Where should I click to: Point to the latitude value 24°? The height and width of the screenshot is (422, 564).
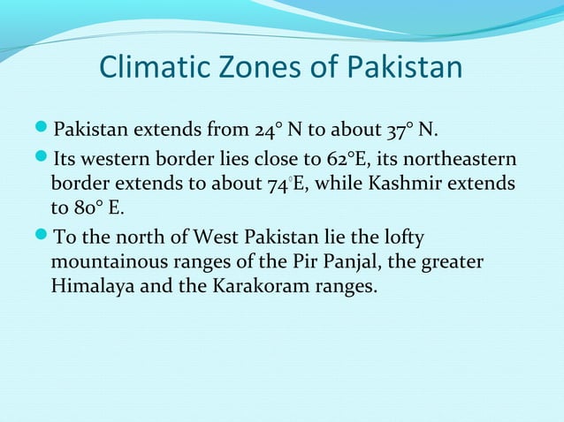pyautogui.click(x=270, y=132)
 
